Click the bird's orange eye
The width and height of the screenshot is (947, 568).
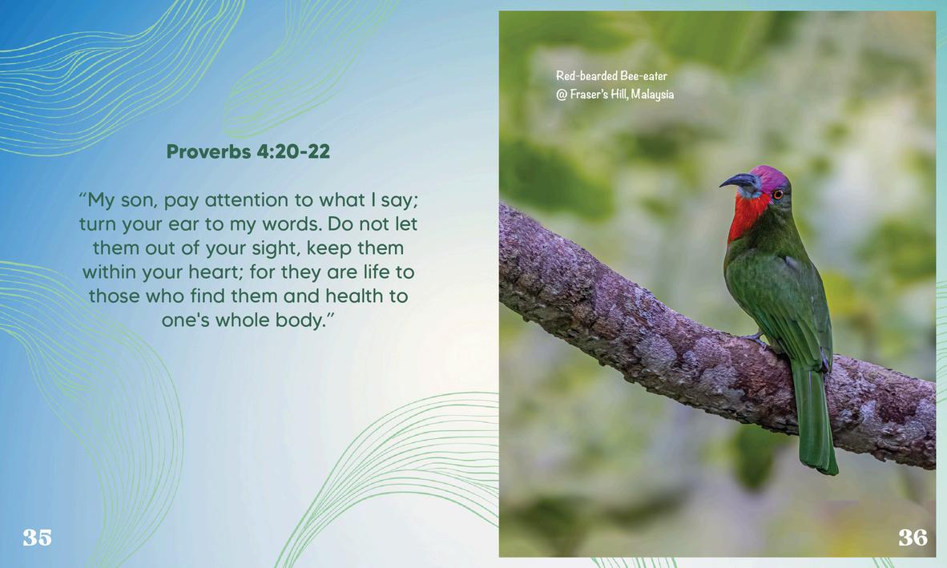pos(777,195)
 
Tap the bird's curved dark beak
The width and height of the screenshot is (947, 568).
pos(737,181)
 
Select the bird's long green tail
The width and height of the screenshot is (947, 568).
pos(815,417)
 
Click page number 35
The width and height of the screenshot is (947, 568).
pos(38,538)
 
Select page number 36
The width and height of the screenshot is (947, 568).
pos(913,538)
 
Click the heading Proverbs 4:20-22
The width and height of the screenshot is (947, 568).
pos(248,151)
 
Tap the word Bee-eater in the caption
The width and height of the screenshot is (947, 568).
pos(643,76)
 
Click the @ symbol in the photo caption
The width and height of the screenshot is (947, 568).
pos(562,95)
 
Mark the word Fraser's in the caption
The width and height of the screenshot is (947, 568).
pos(589,95)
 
